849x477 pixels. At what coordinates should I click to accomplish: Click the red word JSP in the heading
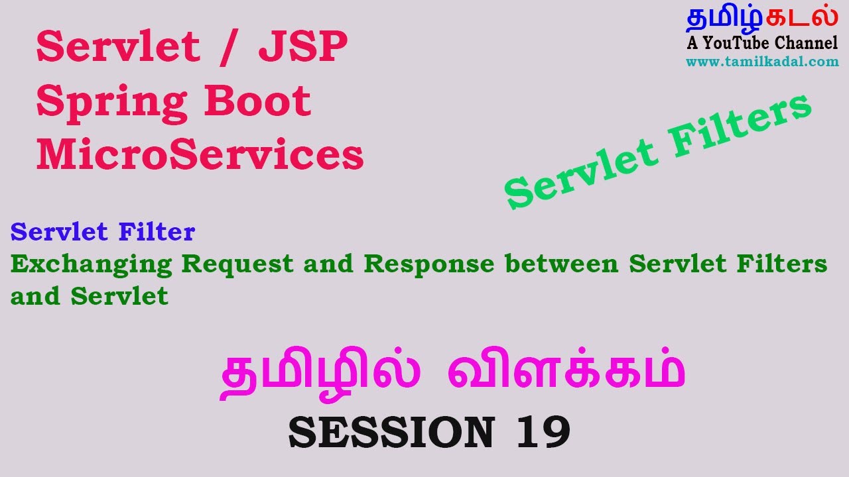[x=303, y=46]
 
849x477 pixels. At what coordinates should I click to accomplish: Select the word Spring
[x=112, y=104]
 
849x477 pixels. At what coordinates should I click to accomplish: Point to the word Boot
[x=258, y=101]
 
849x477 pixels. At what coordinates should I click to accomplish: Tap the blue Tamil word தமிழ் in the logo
[x=724, y=19]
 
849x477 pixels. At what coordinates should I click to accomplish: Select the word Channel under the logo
[x=806, y=43]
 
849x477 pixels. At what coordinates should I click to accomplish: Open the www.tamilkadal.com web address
[x=762, y=62]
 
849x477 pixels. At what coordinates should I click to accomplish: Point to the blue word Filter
[x=157, y=231]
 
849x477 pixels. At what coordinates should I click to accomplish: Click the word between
[x=562, y=264]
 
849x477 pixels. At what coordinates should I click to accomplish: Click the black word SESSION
[x=391, y=432]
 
